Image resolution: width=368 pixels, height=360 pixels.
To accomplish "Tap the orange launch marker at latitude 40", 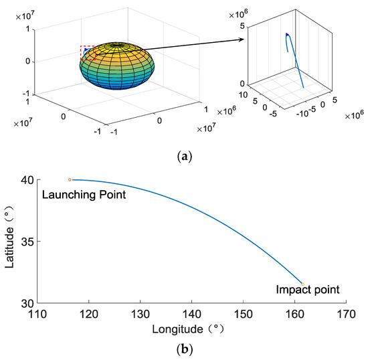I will tap(70, 179).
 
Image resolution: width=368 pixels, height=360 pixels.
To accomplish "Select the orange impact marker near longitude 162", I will tap(302, 284).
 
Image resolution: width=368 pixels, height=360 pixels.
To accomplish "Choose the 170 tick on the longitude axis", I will tap(346, 312).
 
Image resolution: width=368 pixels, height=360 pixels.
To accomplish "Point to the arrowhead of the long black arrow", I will tap(241, 41).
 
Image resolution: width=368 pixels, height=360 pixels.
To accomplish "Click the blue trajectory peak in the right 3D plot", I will tap(287, 34).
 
